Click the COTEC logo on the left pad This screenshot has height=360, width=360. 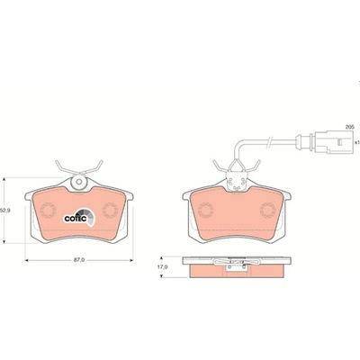[80, 217]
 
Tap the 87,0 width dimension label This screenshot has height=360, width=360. [79, 260]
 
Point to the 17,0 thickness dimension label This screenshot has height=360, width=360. [162, 266]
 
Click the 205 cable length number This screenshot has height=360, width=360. [350, 127]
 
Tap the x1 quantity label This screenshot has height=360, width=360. [356, 142]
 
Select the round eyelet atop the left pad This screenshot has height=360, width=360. [78, 182]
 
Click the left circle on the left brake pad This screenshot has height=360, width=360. [49, 210]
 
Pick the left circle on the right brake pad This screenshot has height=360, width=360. [206, 210]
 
